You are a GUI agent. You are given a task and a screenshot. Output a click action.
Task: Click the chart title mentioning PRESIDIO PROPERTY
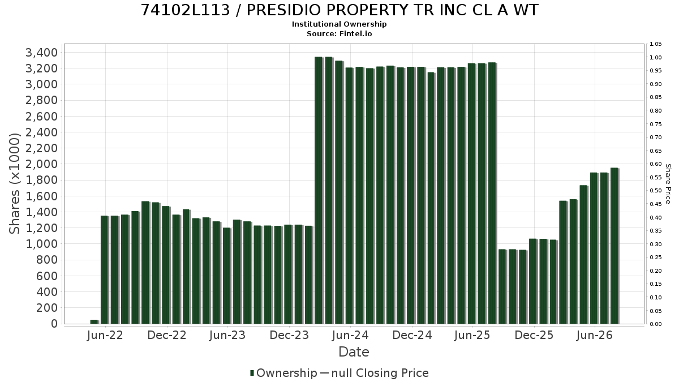tap(339, 10)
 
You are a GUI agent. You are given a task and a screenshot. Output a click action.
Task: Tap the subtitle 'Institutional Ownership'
tap(339, 24)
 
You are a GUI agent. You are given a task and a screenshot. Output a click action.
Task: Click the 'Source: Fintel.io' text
tap(339, 33)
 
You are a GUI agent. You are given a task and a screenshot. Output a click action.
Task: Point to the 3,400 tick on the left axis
tap(41, 53)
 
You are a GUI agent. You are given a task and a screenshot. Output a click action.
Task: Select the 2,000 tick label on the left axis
tap(41, 164)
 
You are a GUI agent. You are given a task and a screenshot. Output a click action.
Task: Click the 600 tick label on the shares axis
tap(46, 276)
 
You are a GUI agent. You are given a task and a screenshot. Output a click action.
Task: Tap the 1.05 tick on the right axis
tap(656, 44)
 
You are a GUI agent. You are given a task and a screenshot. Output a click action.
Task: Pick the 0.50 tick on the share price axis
tap(656, 191)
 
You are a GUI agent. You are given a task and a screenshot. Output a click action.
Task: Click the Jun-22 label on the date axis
tap(105, 335)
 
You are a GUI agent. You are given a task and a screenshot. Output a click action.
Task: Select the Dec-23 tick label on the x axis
tap(289, 335)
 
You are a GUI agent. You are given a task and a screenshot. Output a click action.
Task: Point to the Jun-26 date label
tap(595, 335)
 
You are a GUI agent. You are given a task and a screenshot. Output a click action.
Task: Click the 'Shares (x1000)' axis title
tap(14, 184)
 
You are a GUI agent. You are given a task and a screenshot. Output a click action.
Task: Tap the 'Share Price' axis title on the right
tap(668, 184)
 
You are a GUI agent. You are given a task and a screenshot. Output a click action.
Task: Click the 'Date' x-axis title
tap(354, 352)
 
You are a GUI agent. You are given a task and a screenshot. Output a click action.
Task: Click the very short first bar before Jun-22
tap(94, 321)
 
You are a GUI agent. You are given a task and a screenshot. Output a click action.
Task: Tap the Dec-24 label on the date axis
tap(412, 335)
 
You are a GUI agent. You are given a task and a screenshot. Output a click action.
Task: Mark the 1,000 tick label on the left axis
tap(41, 244)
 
